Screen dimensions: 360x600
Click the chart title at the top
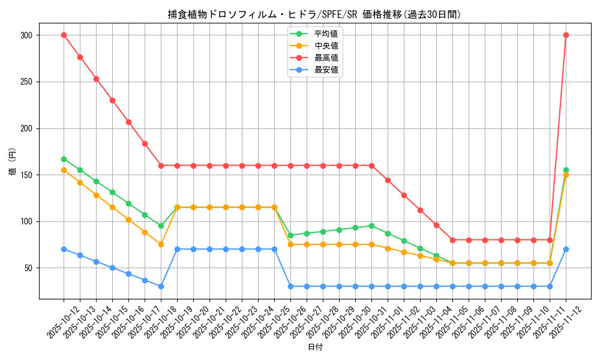[x=314, y=14]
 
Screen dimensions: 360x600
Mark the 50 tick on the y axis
[x=27, y=268]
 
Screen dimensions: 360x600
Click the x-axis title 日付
[x=315, y=347]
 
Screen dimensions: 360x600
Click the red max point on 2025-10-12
[x=64, y=35]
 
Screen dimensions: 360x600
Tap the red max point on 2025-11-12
[x=566, y=35]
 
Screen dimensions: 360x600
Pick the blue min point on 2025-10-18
[x=161, y=286]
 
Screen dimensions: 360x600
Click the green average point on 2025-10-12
[x=64, y=159]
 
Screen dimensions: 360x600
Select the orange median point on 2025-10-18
[x=161, y=244]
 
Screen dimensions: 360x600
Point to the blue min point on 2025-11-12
[x=566, y=249]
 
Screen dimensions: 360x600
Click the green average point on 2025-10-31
[x=371, y=226]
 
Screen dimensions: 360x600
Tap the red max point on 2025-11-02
[x=404, y=195]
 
